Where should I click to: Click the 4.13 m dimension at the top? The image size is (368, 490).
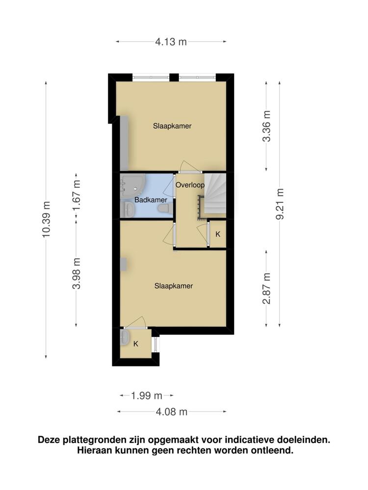coord(171,42)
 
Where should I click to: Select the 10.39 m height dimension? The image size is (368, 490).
coord(46,220)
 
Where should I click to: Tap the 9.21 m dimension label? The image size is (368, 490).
coord(280,204)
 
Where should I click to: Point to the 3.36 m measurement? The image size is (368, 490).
coord(266,126)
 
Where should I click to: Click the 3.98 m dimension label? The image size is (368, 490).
coord(76,273)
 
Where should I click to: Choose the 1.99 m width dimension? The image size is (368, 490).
coord(147,395)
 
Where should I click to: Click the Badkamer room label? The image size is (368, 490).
coord(151,200)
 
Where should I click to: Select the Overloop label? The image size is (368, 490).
coord(190,185)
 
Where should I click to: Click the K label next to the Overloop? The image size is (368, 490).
coord(218,234)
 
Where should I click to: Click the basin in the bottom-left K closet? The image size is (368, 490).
coord(125,337)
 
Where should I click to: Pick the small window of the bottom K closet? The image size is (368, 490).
coord(156,344)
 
